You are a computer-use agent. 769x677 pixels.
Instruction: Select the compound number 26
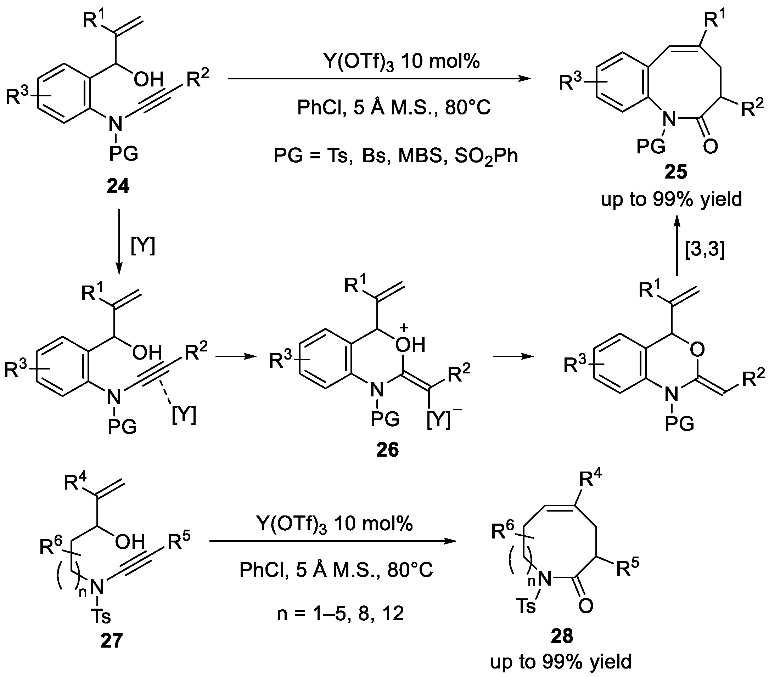387,450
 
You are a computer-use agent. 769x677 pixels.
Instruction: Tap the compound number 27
111,640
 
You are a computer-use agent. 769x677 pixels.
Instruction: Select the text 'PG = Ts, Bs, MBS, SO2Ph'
396,156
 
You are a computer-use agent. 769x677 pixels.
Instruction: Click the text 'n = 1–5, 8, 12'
341,614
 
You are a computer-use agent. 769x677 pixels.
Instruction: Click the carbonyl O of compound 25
710,146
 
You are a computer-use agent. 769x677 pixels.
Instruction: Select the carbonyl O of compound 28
585,605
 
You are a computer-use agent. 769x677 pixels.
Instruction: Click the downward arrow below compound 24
119,241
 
